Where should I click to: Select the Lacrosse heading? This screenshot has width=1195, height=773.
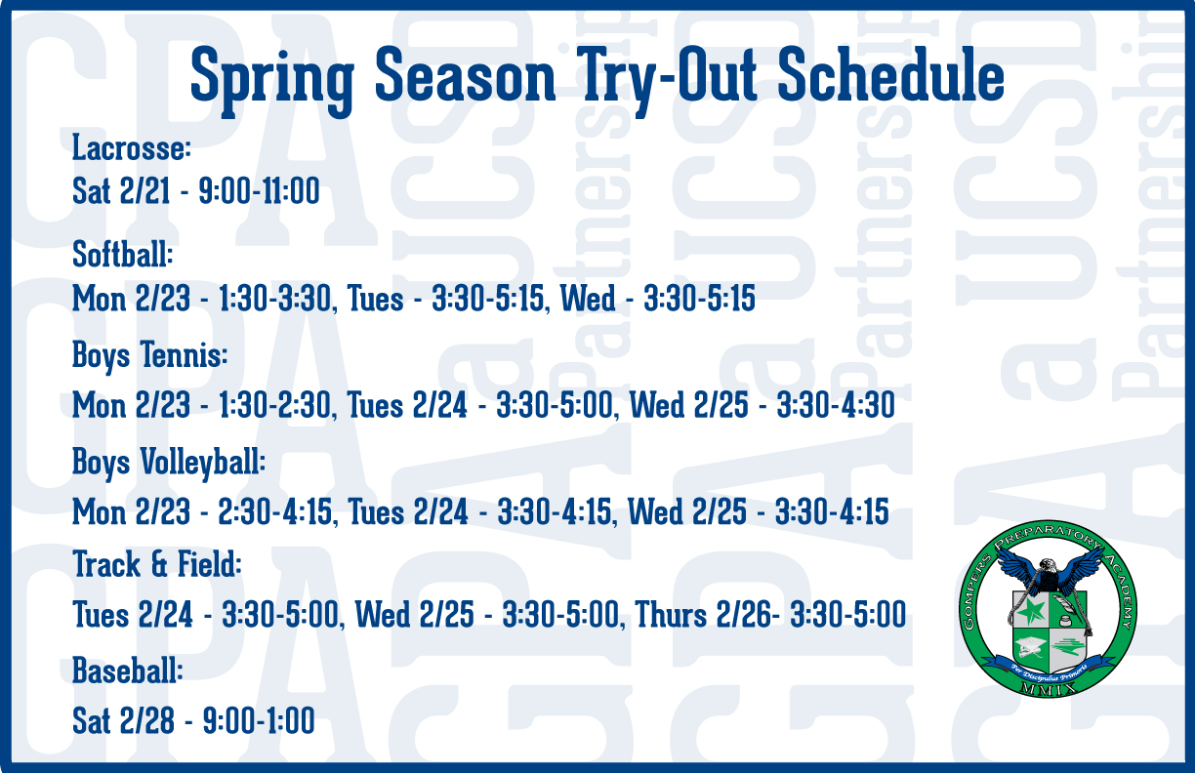tap(132, 147)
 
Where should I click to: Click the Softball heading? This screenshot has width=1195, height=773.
tap(123, 254)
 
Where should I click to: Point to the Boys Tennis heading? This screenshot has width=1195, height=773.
tap(150, 356)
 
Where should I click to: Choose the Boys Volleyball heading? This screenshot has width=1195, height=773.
tap(169, 463)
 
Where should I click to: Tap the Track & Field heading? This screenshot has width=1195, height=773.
tap(157, 564)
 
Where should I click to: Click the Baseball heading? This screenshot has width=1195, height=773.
tap(128, 671)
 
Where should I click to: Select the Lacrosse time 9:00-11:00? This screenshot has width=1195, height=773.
tap(260, 191)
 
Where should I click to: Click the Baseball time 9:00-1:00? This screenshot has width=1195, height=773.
tap(259, 720)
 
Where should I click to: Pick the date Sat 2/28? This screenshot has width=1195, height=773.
tap(123, 720)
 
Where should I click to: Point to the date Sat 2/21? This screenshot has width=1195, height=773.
tap(121, 191)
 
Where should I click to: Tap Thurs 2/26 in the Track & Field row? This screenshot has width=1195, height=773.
tap(704, 615)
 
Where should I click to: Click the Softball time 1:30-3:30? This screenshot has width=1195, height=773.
tap(275, 299)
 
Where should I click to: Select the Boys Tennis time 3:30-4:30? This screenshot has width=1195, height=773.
tap(836, 405)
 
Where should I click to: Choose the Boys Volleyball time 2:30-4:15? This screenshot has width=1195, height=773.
tap(274, 511)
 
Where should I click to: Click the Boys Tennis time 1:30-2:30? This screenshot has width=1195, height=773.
tap(275, 405)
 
